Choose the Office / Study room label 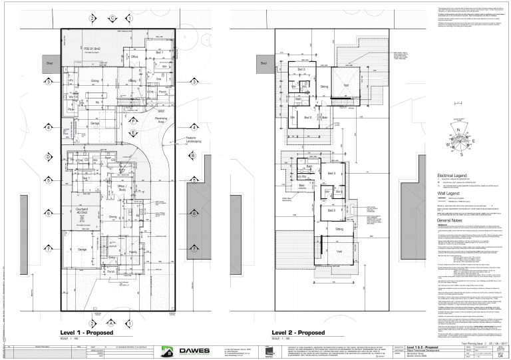click(122, 187)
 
